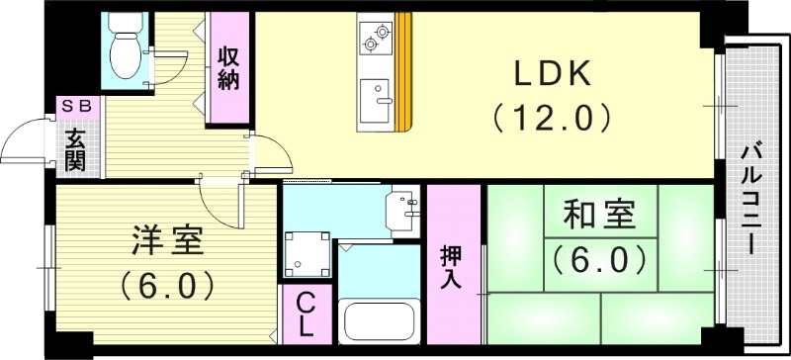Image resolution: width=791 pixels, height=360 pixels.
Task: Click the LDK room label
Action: coord(552,74)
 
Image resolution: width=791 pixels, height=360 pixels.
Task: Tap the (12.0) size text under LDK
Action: coord(552,119)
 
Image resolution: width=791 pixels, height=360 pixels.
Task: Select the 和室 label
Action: coord(597,216)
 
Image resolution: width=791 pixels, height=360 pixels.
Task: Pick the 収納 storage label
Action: coord(228,68)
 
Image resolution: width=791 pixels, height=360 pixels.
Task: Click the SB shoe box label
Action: coord(75,105)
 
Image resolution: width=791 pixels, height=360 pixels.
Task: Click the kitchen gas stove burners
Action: coord(376,37)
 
